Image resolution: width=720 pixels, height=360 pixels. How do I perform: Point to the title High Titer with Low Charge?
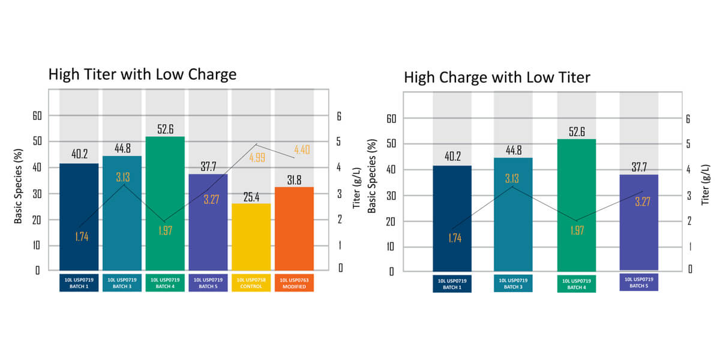142,74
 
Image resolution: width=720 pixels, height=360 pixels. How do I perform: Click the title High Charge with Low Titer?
497,77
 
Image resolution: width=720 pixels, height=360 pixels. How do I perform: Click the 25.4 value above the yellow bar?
251,196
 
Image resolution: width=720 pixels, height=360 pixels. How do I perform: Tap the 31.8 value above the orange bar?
294,180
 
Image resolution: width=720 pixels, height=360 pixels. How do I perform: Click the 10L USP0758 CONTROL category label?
251,283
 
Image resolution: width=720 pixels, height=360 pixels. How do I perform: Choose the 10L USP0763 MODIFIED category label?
294,283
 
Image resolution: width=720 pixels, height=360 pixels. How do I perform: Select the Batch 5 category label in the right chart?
638,282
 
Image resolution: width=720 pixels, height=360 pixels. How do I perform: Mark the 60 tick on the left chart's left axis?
37,116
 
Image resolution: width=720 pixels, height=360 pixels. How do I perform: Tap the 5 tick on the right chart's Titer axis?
688,144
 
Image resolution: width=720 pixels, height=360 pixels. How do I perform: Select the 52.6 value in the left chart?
164,129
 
